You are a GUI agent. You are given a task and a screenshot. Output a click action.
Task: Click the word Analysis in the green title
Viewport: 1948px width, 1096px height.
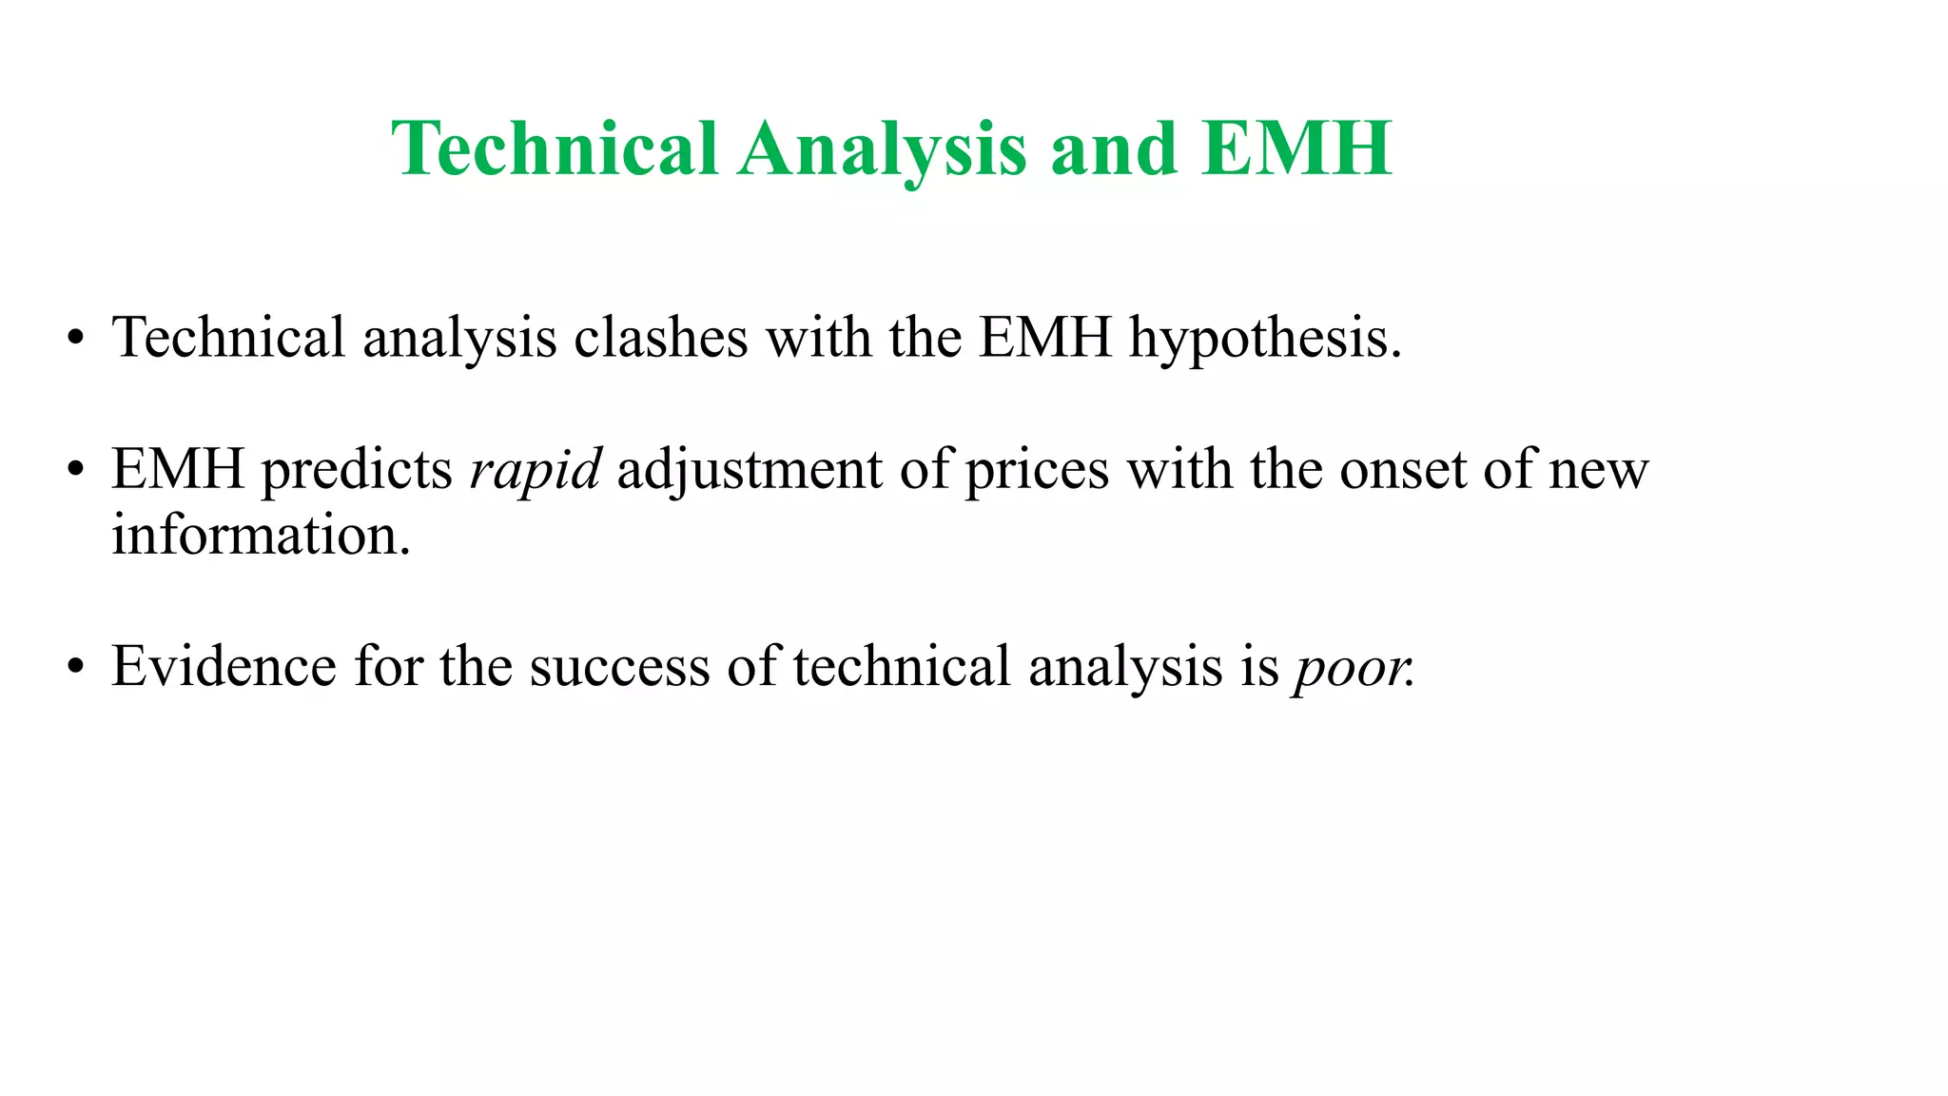[x=882, y=149]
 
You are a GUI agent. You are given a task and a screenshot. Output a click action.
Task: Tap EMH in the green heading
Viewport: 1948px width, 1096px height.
[x=1296, y=149]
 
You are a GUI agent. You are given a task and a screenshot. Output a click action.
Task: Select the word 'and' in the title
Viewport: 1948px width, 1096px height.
[x=1114, y=149]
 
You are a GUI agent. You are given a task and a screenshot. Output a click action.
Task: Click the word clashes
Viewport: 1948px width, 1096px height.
[x=661, y=338]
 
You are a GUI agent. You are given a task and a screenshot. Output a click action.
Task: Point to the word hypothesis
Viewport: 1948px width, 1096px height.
[x=1265, y=338]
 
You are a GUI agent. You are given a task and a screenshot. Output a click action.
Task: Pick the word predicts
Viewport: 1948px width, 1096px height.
[x=357, y=469]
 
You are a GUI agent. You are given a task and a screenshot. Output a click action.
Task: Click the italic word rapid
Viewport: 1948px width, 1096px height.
[x=536, y=469]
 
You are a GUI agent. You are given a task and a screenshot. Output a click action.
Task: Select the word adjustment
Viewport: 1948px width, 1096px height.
[x=750, y=469]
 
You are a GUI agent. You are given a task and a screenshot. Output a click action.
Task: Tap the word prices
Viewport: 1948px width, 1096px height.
[x=1037, y=469]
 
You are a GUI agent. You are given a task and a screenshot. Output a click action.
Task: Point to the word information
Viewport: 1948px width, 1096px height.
[x=261, y=535]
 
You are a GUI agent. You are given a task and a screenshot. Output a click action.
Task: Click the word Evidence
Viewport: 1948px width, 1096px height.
[x=224, y=666]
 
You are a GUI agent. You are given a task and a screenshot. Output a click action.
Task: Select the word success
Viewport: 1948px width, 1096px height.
[x=619, y=666]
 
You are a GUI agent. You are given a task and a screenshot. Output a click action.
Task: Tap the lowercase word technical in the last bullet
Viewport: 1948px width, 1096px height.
[x=902, y=666]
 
